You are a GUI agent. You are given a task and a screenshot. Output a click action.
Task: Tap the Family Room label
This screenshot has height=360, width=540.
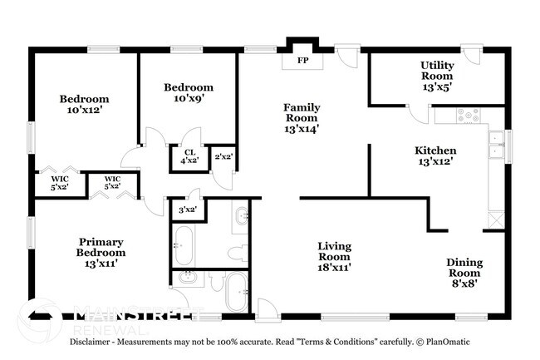302,118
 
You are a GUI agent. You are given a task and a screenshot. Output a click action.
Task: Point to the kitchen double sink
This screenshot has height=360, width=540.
496,146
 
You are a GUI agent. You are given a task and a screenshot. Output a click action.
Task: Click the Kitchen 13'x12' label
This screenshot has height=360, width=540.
435,156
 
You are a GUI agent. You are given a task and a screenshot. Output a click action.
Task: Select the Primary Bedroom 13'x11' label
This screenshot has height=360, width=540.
101,247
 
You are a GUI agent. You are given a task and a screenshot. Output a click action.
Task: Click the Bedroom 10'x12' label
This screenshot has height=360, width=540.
84,105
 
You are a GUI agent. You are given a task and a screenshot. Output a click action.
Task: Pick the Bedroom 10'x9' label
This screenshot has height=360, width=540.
188,93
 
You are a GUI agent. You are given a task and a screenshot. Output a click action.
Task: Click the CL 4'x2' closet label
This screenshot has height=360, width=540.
189,157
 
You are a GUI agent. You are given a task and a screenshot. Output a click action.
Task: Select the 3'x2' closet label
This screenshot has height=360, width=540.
188,210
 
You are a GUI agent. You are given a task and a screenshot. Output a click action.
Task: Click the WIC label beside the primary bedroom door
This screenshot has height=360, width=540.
112,183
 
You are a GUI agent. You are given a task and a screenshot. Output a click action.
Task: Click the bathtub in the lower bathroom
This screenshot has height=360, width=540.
236,293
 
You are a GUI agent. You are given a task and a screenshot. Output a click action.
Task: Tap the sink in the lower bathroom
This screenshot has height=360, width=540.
187,278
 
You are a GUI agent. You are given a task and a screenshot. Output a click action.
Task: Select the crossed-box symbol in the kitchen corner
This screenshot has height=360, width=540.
497,219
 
